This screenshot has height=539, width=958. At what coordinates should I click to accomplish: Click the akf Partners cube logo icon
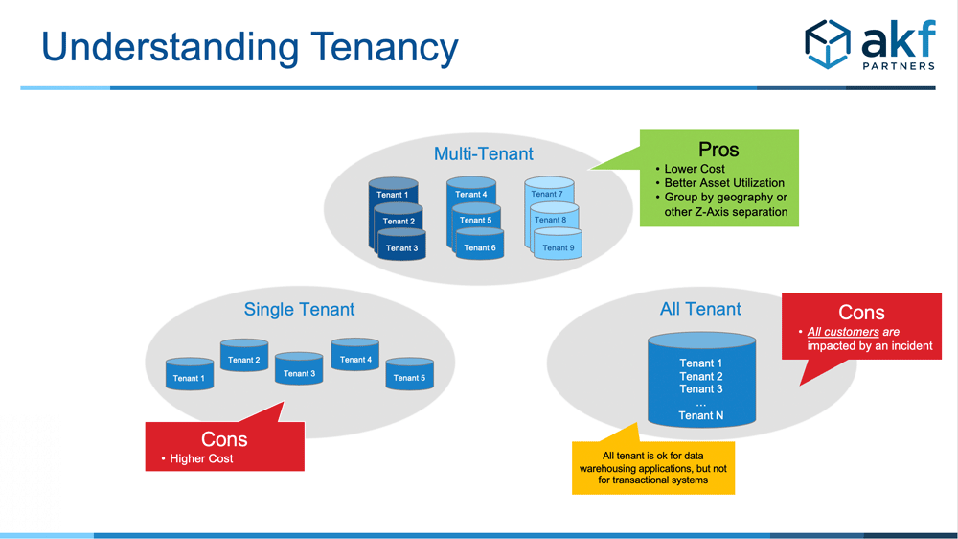point(828,44)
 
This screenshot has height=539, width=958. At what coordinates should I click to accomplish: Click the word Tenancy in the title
point(384,48)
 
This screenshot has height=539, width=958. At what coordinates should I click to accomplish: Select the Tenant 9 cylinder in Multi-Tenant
point(558,244)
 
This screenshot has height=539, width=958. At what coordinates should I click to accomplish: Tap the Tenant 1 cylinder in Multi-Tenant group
point(393,191)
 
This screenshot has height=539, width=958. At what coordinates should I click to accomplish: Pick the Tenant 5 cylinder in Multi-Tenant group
point(476,217)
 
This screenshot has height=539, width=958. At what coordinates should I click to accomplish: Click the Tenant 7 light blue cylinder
point(549,190)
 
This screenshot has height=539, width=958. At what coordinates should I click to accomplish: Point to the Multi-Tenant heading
point(483,153)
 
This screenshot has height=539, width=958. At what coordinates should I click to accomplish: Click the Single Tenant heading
point(299,309)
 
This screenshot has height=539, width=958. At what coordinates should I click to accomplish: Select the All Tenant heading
point(700,309)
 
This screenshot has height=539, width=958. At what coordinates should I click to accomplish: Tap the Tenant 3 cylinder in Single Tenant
point(299,368)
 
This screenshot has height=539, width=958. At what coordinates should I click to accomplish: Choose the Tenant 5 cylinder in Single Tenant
point(409,374)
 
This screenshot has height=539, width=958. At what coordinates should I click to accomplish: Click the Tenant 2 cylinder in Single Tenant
point(244,356)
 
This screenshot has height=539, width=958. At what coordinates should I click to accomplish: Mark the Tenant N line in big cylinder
point(701,415)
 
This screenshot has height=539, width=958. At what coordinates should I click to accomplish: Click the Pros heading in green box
point(718,150)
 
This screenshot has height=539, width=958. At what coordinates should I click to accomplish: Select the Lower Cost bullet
point(694,169)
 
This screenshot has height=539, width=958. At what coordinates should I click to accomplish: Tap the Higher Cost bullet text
point(201,458)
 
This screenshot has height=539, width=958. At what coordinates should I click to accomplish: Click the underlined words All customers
point(843,332)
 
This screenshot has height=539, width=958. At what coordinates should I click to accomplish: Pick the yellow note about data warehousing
point(653,468)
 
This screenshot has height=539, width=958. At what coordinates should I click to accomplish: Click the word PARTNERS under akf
point(899,65)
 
